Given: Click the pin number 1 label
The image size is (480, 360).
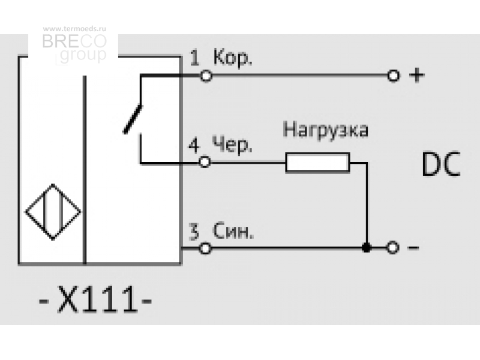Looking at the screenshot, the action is point(194,58).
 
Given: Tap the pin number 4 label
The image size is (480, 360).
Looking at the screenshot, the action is point(194,145).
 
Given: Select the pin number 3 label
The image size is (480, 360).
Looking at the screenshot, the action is point(194,232).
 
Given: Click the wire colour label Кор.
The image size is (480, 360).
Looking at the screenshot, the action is point(233,58).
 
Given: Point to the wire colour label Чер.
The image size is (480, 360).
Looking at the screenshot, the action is point(232,145).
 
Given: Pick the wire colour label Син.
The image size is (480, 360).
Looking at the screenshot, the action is point(233,231).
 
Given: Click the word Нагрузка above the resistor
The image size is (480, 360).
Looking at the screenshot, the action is point(326,130).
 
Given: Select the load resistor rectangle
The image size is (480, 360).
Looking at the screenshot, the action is point(317,163).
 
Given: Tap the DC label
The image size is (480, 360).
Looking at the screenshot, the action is point(441,164).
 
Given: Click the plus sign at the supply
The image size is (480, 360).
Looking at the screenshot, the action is point(417,76).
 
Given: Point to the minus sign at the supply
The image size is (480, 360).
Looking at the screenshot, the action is point(413,247).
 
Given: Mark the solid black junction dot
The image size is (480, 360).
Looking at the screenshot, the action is point(367,247).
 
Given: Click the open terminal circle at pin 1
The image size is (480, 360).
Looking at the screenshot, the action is point(206,76).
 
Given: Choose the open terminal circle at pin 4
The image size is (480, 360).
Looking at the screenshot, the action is point(205,162).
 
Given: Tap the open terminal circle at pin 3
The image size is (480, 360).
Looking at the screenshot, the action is point(205,248).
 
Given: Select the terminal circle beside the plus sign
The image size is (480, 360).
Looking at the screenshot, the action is point(394,76).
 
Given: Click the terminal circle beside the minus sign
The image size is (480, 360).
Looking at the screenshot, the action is point(393,247).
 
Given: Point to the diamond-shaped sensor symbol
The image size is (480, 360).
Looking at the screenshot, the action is point(53,212).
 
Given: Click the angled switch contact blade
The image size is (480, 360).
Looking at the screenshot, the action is point(133,119).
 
